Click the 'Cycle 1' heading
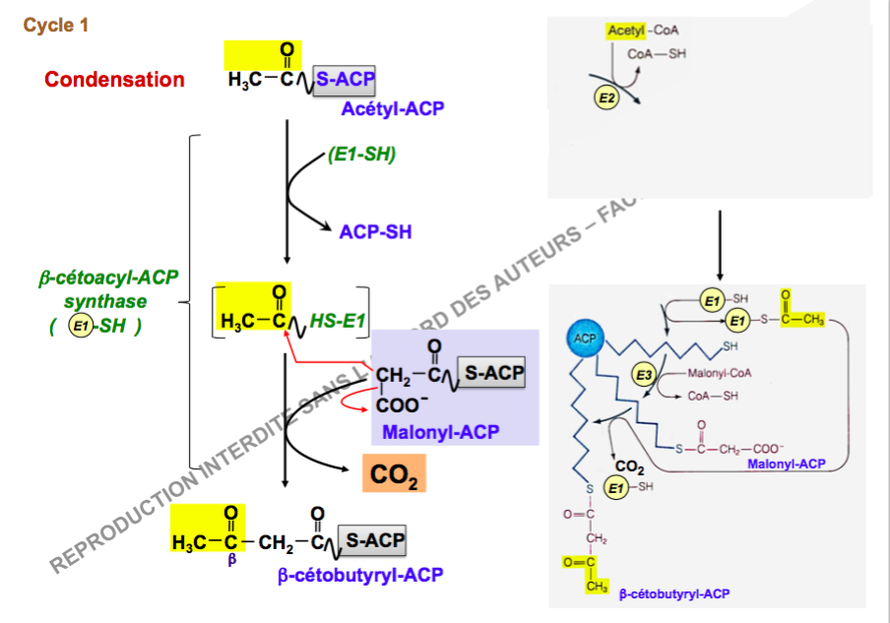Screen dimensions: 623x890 pyautogui.click(x=56, y=26)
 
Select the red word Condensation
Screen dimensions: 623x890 pyautogui.click(x=114, y=80)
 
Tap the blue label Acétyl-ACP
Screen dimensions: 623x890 pyautogui.click(x=392, y=108)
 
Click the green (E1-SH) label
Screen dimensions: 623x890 pyautogui.click(x=361, y=154)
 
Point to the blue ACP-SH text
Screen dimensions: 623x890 pyautogui.click(x=375, y=232)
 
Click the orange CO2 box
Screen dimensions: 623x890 pyautogui.click(x=394, y=476)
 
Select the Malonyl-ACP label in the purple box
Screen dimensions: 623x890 pyautogui.click(x=440, y=432)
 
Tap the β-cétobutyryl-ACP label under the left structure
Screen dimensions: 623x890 pyautogui.click(x=360, y=575)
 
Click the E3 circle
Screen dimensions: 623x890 pyautogui.click(x=644, y=375)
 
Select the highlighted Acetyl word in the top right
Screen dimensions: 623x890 pyautogui.click(x=627, y=31)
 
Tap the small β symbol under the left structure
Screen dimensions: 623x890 pyautogui.click(x=231, y=560)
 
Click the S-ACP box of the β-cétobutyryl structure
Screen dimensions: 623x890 pyautogui.click(x=373, y=541)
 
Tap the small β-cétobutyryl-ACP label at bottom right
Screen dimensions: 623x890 pyautogui.click(x=674, y=594)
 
